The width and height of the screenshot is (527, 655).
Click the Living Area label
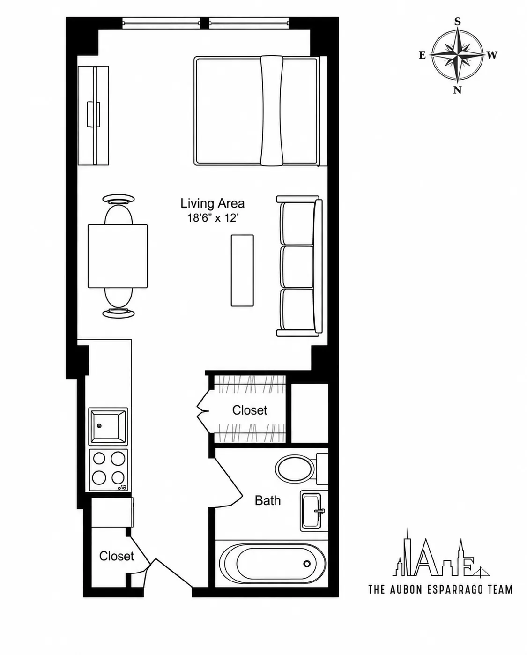pos(212,203)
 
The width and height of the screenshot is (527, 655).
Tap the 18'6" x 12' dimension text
pos(212,218)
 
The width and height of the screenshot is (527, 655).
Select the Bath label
pos(267,500)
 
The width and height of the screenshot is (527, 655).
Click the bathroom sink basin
pos(311,511)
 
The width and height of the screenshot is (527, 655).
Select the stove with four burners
pos(108,470)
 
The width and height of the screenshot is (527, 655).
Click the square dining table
pos(118,256)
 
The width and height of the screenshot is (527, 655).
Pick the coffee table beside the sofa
pos(242,271)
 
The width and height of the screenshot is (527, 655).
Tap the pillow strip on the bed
pos(272,111)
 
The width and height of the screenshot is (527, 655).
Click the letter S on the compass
pos(457,22)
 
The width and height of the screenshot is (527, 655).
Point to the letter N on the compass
pos(457,90)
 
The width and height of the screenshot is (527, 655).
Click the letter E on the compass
pos(423,55)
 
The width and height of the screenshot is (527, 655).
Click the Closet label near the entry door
pos(117,556)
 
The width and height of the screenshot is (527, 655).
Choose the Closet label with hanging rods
pos(250,410)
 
